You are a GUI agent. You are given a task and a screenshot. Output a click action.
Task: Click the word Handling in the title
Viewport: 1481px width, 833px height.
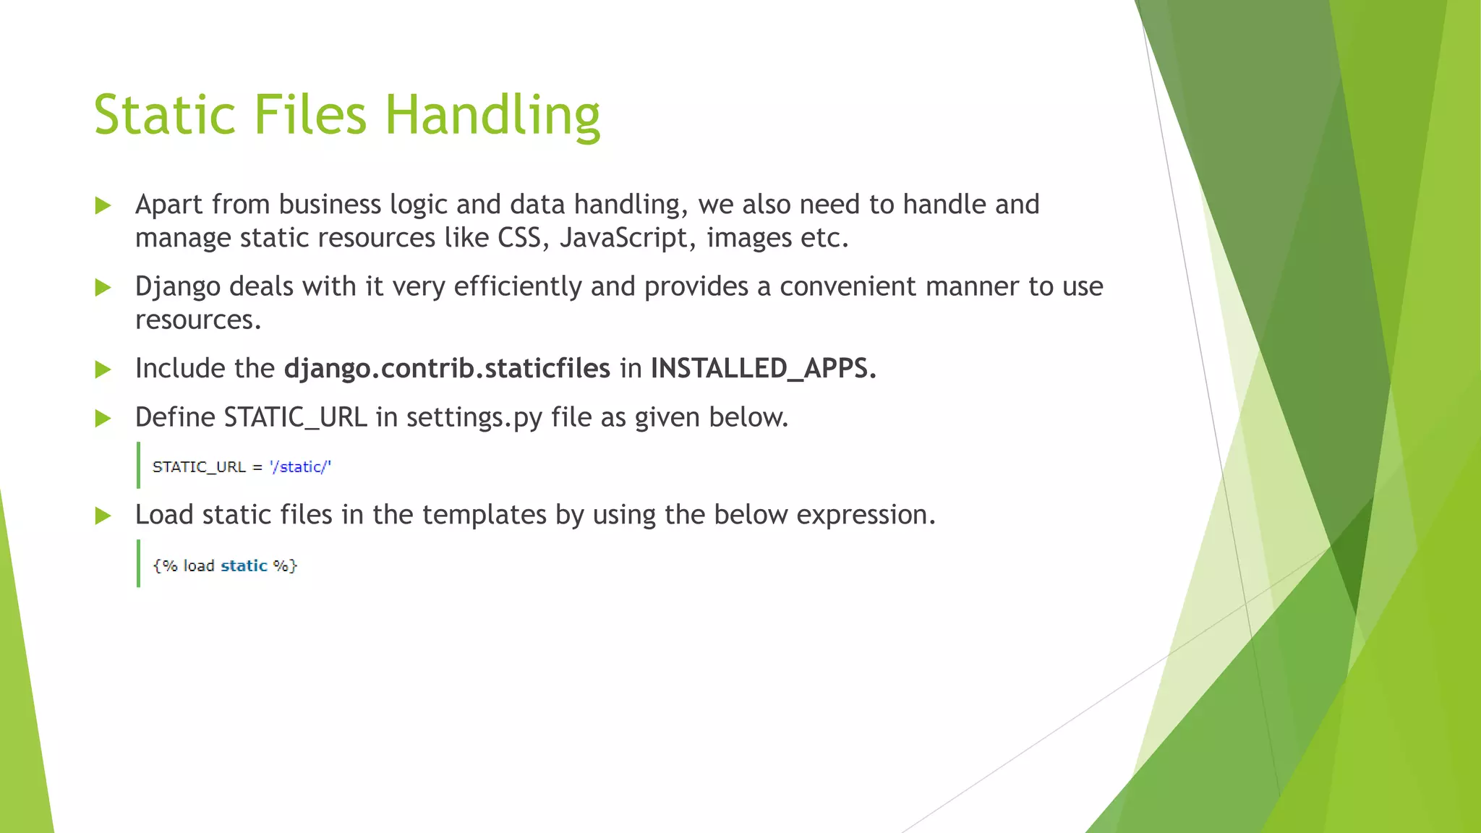(x=492, y=116)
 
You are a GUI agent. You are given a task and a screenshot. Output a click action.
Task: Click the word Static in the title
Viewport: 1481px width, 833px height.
(x=165, y=116)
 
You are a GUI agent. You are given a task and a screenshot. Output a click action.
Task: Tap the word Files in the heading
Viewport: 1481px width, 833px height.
(x=310, y=116)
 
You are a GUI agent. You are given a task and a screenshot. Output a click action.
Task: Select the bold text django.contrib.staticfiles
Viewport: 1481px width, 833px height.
(x=447, y=369)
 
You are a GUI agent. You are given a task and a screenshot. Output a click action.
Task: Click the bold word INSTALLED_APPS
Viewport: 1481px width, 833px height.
(x=763, y=369)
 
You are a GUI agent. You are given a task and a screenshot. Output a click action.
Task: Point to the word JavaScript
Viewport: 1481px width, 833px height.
(x=623, y=238)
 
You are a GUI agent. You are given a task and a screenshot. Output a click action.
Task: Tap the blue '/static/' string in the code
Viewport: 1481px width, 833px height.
(x=300, y=467)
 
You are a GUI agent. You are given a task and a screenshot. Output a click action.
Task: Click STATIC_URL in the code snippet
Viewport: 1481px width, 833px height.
(x=199, y=467)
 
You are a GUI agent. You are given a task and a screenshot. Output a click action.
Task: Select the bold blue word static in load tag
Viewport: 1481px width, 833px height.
(x=244, y=566)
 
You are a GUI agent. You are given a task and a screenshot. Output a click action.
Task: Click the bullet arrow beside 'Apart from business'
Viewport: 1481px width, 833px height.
(x=103, y=205)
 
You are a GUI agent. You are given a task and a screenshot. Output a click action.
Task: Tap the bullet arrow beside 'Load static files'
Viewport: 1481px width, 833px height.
(x=103, y=516)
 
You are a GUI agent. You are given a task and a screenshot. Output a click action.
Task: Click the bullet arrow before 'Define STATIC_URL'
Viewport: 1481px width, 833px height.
(x=103, y=418)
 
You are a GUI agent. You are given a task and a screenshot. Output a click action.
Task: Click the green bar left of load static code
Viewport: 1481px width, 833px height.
(x=138, y=563)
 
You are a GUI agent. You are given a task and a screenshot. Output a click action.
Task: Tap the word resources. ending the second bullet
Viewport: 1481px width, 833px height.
(x=198, y=320)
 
